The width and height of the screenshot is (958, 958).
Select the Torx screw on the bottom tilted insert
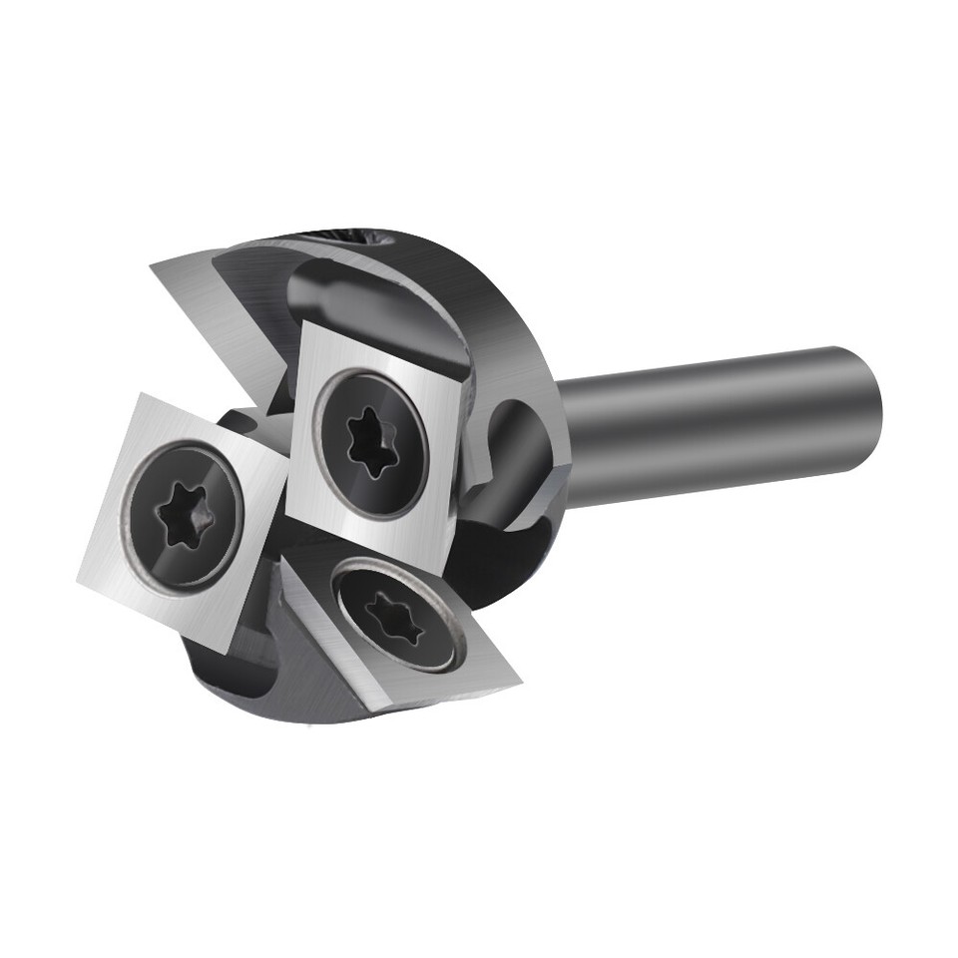[396, 617]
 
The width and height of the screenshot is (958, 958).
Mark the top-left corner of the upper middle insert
[303, 322]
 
